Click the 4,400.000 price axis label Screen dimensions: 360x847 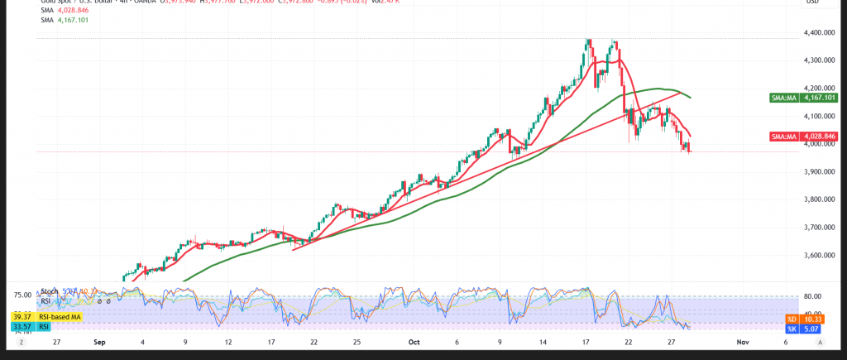tap(816, 33)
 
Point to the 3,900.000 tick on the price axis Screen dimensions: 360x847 tap(816, 172)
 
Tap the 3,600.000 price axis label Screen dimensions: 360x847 tap(816, 256)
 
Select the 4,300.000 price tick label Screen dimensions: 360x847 tap(816, 60)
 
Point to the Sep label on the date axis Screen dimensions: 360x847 tap(99, 341)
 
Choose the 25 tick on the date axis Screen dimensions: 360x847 tap(356, 341)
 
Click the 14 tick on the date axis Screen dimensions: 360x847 tap(543, 341)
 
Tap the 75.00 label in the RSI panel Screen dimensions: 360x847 tap(22, 295)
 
